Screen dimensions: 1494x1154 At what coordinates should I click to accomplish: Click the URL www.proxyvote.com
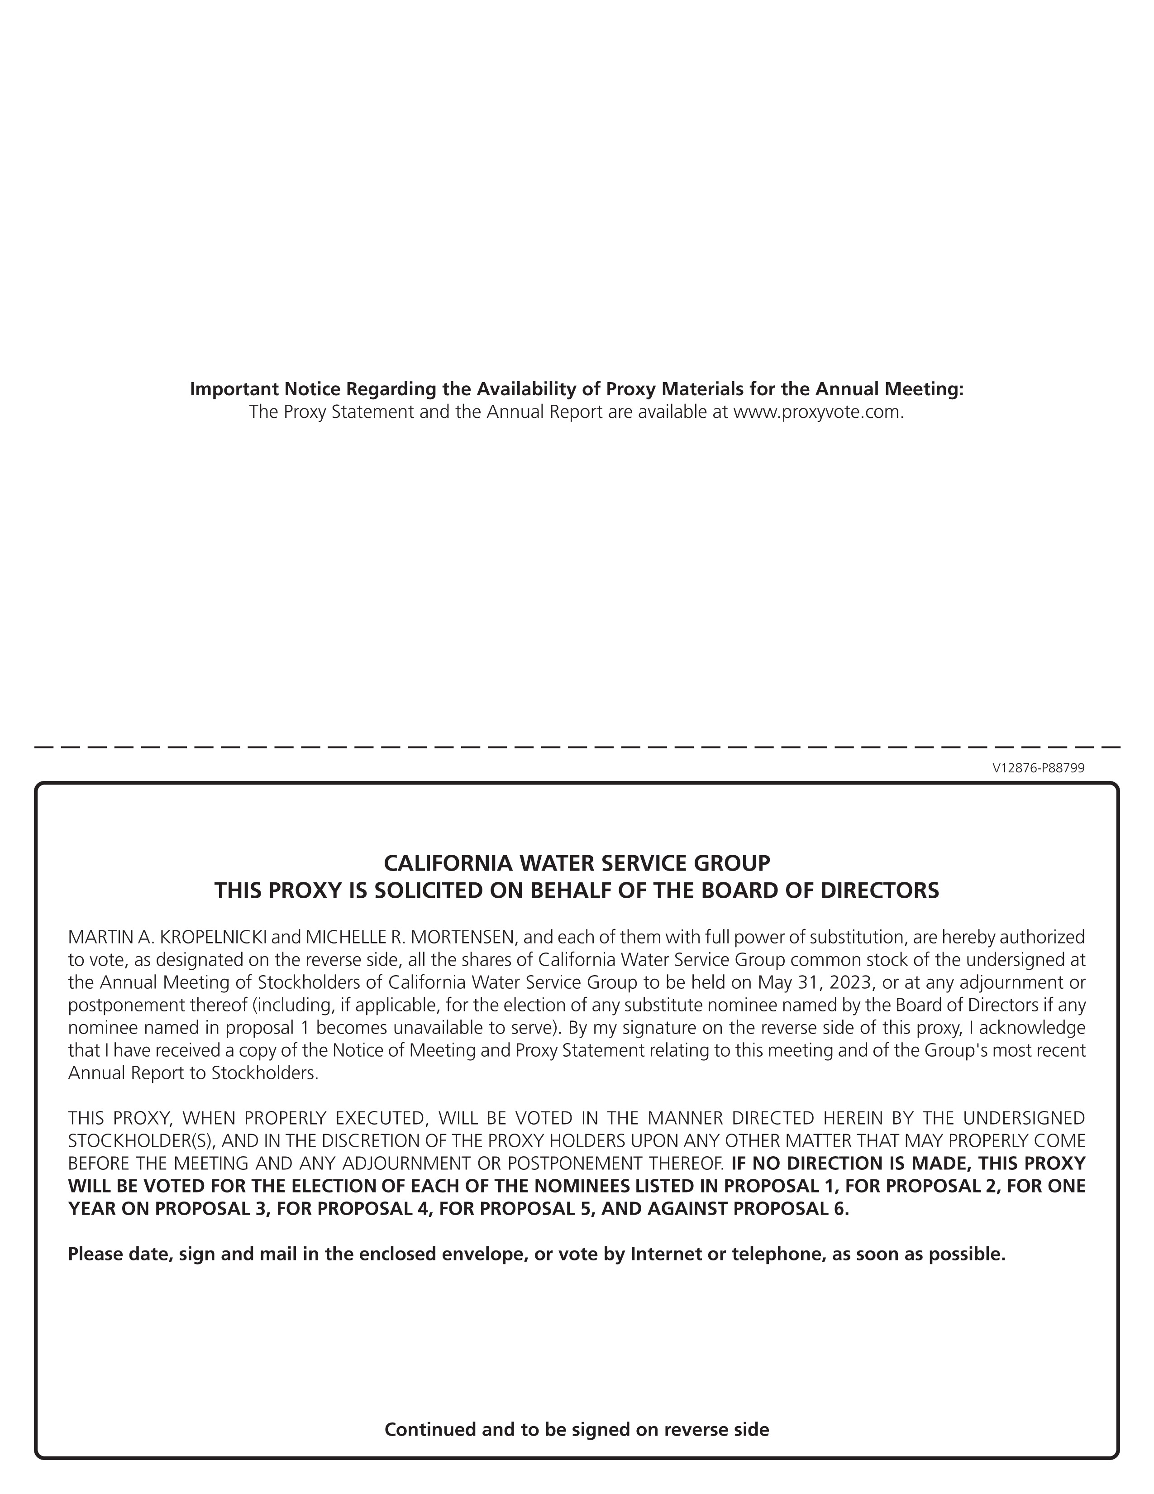818,412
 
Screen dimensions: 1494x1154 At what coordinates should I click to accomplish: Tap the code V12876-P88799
1038,768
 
